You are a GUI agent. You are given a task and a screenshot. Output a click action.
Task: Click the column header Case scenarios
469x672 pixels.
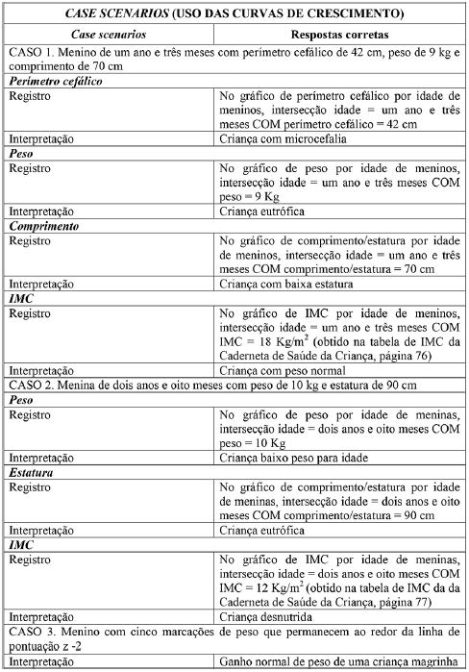tap(111, 33)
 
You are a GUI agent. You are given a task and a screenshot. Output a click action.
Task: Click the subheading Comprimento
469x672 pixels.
tap(46, 225)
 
